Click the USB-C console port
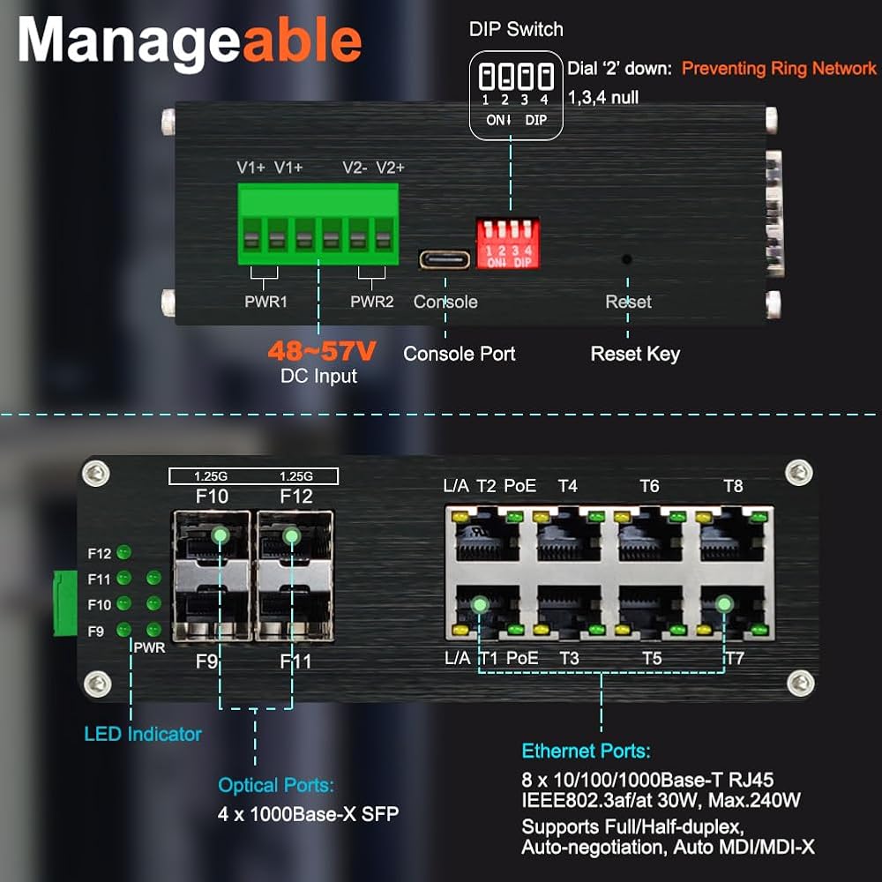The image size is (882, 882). [445, 260]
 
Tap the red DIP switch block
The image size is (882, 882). [508, 243]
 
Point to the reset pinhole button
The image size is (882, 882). [626, 259]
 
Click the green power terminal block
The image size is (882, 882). [318, 224]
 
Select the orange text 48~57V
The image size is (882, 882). [322, 351]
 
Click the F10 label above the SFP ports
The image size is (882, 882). [212, 496]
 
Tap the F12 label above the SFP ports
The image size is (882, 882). [296, 496]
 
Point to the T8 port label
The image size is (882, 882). [733, 486]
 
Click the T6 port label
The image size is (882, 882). [650, 486]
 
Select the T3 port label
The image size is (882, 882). [569, 658]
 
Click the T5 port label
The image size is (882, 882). [652, 658]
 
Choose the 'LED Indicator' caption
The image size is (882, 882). [143, 734]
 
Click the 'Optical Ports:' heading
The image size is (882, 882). [276, 785]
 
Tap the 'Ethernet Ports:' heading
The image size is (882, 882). [587, 751]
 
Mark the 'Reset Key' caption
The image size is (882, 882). [635, 354]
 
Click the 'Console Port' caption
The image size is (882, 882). [459, 354]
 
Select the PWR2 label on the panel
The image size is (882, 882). [372, 302]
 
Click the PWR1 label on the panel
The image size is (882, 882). [265, 302]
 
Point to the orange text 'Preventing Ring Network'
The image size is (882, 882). [779, 69]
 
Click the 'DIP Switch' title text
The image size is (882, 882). [516, 29]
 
